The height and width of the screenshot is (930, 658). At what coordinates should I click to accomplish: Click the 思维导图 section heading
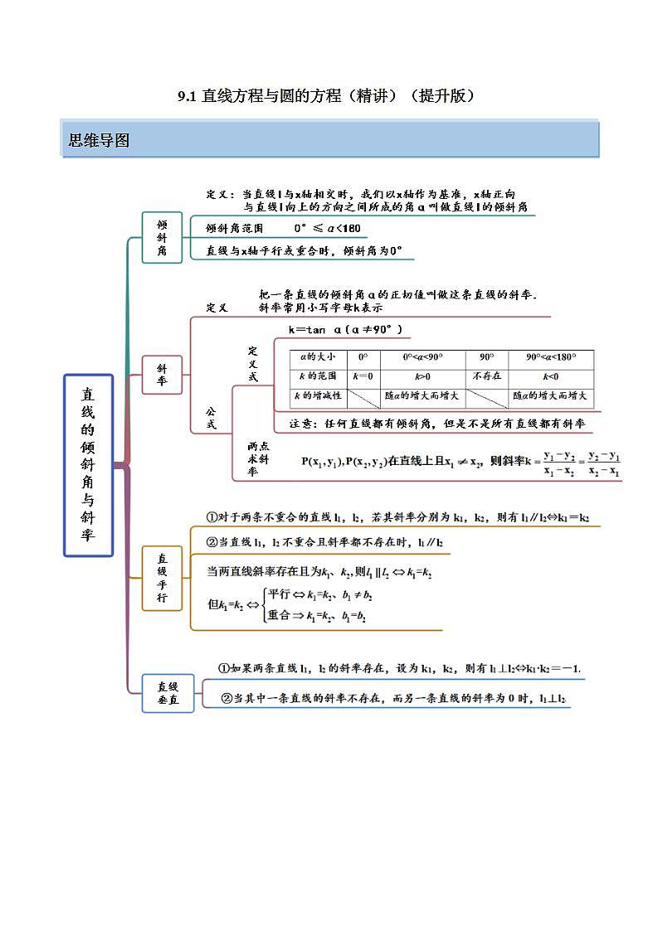[x=99, y=140]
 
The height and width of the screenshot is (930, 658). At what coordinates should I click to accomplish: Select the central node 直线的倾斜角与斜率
[x=88, y=464]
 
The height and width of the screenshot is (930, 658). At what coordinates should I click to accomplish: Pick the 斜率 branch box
[x=162, y=374]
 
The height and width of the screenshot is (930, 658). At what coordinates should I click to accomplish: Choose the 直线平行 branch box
[x=162, y=578]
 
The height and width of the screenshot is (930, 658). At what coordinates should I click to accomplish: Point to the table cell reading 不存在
[x=486, y=376]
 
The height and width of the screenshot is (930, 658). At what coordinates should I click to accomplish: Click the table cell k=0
[x=363, y=376]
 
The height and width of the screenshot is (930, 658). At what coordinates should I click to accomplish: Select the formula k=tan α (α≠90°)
[x=345, y=329]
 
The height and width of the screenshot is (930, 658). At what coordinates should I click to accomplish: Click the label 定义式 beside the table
[x=253, y=364]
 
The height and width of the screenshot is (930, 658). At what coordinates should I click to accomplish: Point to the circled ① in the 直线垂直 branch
[x=223, y=668]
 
